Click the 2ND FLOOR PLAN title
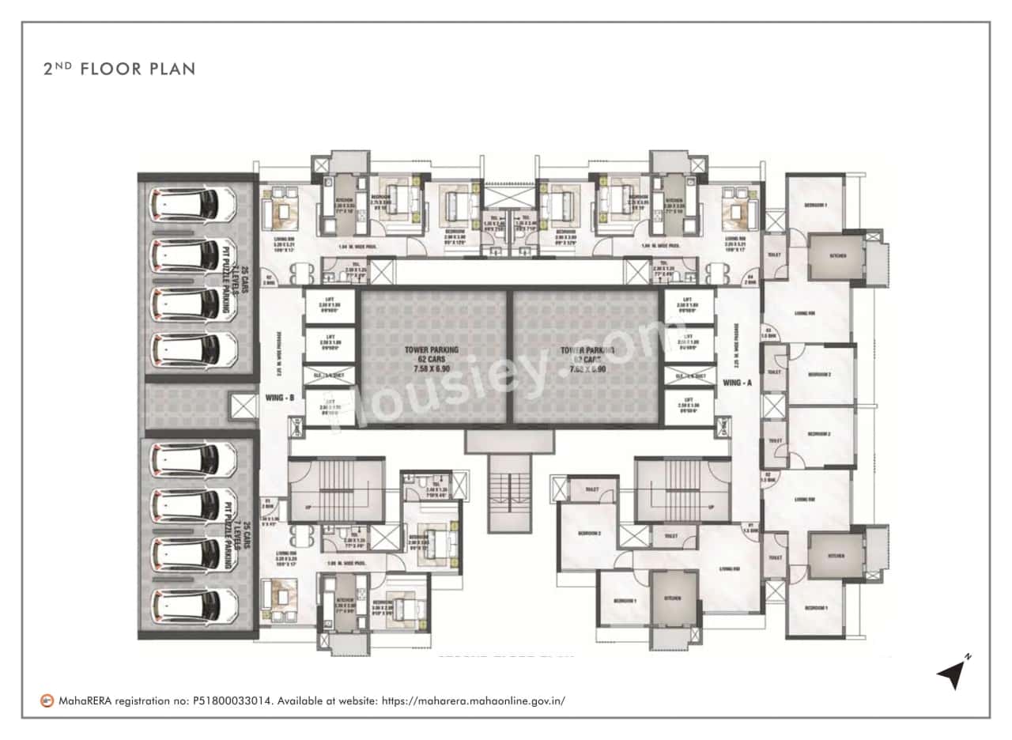pyautogui.click(x=119, y=69)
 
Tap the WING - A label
pyautogui.click(x=736, y=383)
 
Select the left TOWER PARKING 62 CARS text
pyautogui.click(x=432, y=358)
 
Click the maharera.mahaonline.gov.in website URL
pyautogui.click(x=474, y=700)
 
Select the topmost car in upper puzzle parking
pyautogui.click(x=192, y=204)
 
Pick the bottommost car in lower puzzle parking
pyautogui.click(x=192, y=607)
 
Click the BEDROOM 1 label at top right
pyautogui.click(x=815, y=205)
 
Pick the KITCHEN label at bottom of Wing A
pyautogui.click(x=674, y=598)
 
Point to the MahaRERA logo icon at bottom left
pyautogui.click(x=48, y=700)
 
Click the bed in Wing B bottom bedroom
pyautogui.click(x=402, y=608)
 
